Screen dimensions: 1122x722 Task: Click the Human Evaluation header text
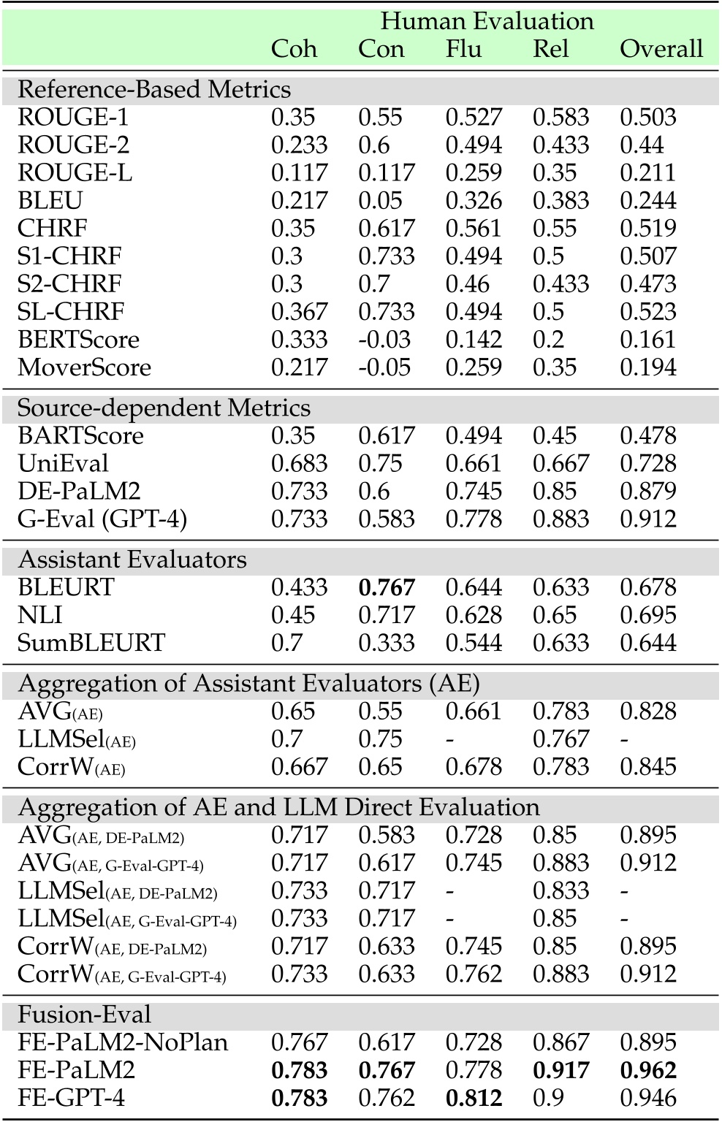pos(487,21)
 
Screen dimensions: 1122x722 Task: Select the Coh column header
pos(294,49)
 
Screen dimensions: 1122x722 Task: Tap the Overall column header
pos(661,49)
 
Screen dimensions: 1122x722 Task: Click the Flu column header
pos(464,49)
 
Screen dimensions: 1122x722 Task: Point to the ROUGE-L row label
pos(75,173)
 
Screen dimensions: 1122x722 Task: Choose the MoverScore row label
pos(84,367)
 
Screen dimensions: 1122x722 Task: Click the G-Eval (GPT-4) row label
pos(102,519)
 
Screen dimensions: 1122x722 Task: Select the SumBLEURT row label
pos(91,644)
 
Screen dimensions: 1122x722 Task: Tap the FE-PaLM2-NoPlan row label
pos(123,1042)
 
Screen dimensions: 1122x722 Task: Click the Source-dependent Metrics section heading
pos(164,408)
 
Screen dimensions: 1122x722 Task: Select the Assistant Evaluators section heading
pos(132,560)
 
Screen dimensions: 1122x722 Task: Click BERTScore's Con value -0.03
pos(384,340)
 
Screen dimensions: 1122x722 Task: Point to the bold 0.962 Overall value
pos(648,1070)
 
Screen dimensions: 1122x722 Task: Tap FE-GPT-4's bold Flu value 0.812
pos(474,1098)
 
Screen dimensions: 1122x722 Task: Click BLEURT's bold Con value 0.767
pos(386,588)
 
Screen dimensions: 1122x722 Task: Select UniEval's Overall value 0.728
pos(648,464)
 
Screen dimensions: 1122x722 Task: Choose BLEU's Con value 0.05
pos(380,201)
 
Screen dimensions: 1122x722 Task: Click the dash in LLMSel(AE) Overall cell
pos(624,740)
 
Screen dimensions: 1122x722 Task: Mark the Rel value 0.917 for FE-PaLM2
pos(560,1070)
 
